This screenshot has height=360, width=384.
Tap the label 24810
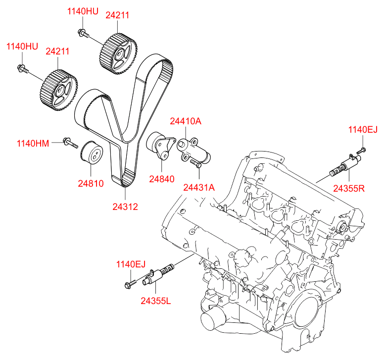point(91,183)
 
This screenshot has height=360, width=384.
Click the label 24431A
point(199,188)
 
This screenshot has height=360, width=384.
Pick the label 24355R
point(349,188)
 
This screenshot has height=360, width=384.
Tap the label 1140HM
point(33,144)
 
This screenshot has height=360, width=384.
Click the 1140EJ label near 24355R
point(363,130)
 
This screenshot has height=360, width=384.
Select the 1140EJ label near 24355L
point(131,264)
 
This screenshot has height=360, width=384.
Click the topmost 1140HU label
point(83,11)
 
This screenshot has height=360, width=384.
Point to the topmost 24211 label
point(118,15)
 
